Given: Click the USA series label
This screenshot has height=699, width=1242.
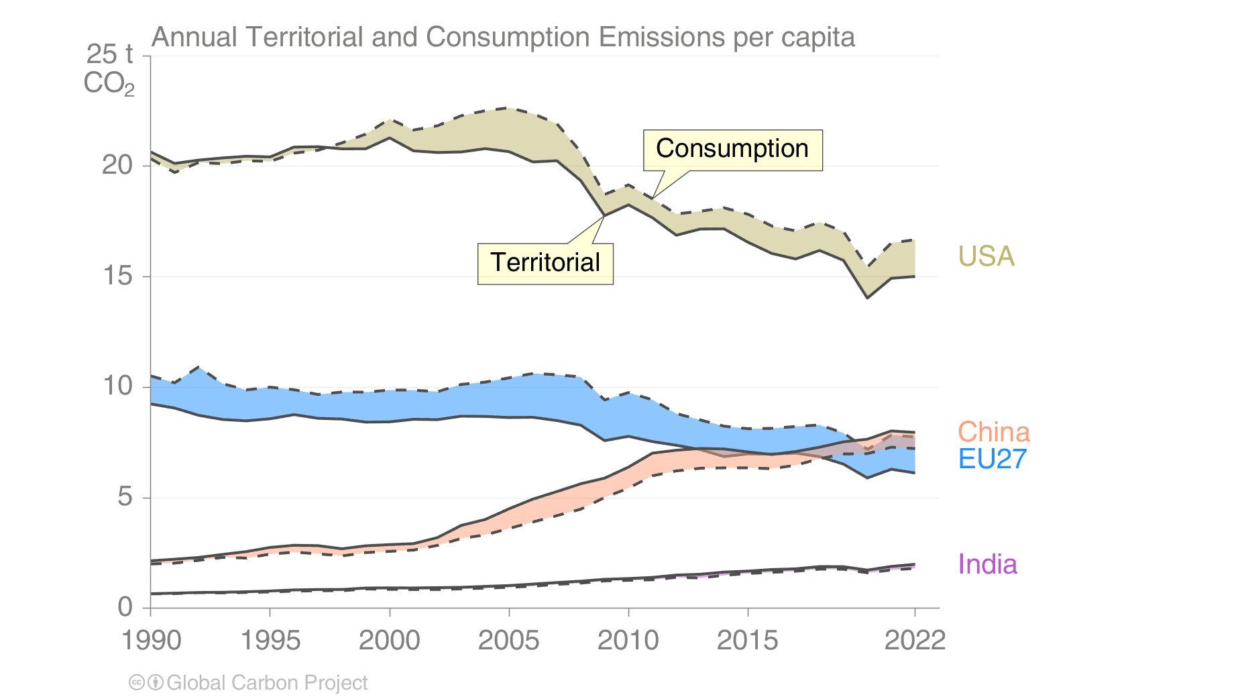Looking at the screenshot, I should [986, 256].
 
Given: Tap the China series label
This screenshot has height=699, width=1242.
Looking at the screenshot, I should [993, 432].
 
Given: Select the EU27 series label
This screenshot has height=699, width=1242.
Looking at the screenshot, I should [993, 459].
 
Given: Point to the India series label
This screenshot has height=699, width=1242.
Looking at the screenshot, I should [987, 564].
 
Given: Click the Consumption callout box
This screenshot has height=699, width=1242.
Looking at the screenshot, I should [732, 150].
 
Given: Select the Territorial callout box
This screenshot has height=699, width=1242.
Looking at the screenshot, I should [545, 263].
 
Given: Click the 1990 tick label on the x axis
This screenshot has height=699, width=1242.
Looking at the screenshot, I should [151, 641].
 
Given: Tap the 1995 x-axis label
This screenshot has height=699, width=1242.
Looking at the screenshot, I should [270, 641].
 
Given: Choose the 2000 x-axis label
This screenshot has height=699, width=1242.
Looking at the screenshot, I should [390, 641].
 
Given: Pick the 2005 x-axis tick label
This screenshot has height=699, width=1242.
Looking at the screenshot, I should [509, 641].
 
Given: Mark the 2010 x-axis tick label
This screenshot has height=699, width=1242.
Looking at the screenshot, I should [628, 641].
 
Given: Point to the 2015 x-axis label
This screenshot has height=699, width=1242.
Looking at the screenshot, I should [748, 641].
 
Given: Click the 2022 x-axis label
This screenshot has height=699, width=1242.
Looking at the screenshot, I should [915, 641].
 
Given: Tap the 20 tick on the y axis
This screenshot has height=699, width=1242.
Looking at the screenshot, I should [117, 165].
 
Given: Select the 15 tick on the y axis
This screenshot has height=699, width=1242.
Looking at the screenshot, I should [117, 276].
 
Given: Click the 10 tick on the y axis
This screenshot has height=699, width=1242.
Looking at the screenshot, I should [117, 386].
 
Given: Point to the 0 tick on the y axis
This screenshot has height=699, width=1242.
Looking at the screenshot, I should [125, 607].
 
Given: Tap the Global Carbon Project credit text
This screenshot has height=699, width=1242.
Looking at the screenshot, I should [267, 683].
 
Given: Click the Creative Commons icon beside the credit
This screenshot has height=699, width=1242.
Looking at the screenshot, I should [137, 683].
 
